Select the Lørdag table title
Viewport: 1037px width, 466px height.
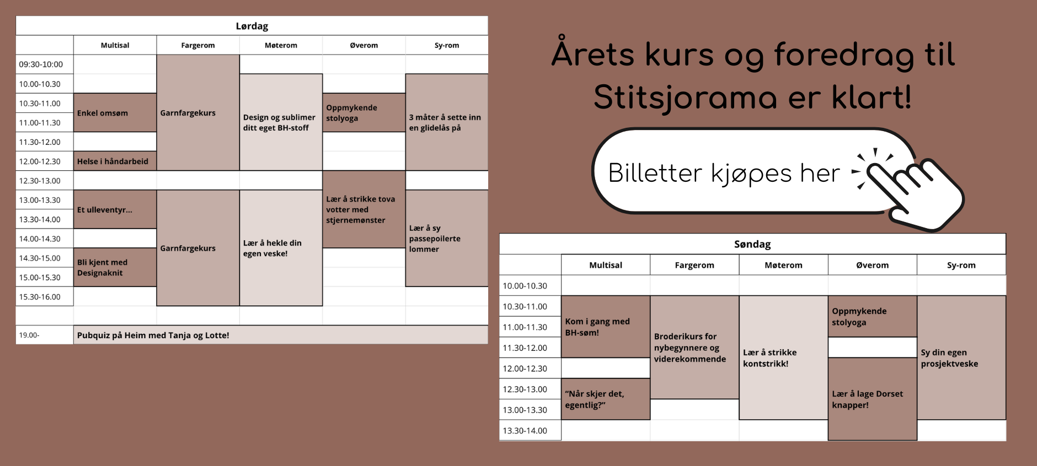click(x=252, y=26)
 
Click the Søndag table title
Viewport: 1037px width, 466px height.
click(x=752, y=244)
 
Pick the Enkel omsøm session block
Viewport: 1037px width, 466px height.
click(x=115, y=112)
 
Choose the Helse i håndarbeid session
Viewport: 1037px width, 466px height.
click(x=115, y=161)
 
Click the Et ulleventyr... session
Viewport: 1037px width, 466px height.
click(x=115, y=209)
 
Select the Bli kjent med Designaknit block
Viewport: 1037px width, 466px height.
click(x=115, y=267)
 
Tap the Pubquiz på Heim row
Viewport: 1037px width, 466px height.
click(x=281, y=335)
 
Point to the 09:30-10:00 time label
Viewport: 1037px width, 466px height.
click(x=41, y=64)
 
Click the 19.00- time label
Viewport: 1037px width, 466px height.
click(x=29, y=335)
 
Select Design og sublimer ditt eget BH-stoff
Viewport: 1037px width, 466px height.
click(x=281, y=122)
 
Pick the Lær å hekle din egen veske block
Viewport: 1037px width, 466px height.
click(x=281, y=248)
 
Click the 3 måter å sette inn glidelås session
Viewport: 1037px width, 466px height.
click(x=447, y=122)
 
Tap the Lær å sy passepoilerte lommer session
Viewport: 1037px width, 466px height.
click(x=447, y=238)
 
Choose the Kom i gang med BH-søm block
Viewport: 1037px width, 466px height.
click(x=606, y=327)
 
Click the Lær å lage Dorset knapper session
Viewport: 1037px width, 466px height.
click(x=873, y=399)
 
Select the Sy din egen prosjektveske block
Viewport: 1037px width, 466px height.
click(x=961, y=357)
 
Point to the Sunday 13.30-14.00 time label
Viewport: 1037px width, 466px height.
click(x=525, y=431)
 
